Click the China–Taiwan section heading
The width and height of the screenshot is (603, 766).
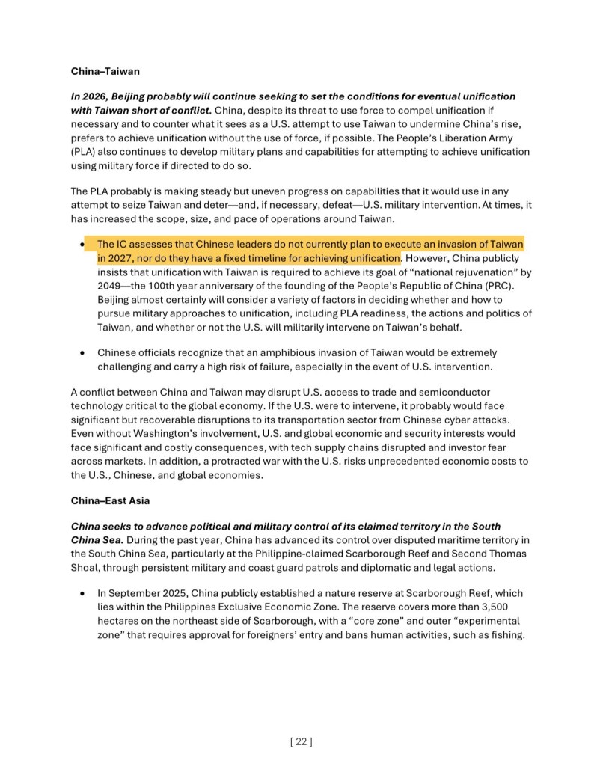(x=105, y=72)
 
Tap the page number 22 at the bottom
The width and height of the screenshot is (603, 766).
(x=301, y=741)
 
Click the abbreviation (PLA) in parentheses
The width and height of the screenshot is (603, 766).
(x=86, y=152)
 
